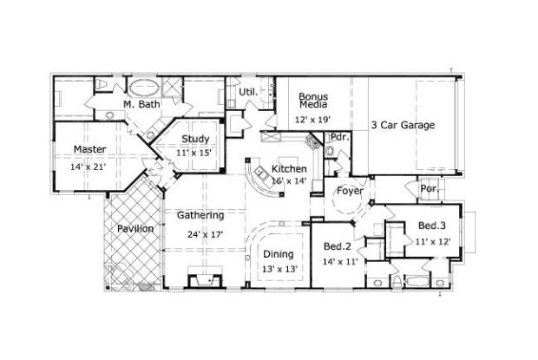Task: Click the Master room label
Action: [90, 149]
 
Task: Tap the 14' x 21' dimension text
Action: [88, 167]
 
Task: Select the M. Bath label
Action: [141, 104]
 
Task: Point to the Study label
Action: [195, 139]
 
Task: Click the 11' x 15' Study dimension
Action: [195, 153]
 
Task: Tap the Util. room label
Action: [246, 91]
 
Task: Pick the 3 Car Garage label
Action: [403, 125]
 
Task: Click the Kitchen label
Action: [288, 168]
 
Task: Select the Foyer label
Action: [350, 191]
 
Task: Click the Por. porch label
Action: [428, 188]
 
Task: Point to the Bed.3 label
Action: [432, 226]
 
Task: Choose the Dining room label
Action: [279, 254]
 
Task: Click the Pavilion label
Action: [135, 228]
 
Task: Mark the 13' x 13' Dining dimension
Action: [279, 269]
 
